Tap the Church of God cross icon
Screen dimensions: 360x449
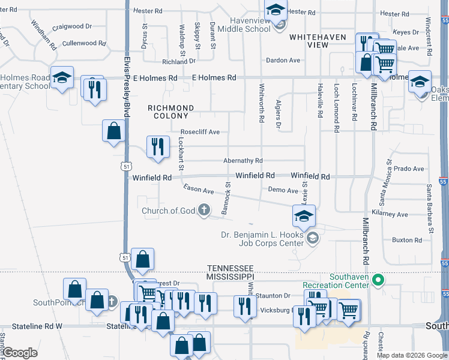click(204, 210)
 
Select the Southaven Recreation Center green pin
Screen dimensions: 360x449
click(378, 280)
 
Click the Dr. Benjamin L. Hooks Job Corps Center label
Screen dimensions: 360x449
click(262, 239)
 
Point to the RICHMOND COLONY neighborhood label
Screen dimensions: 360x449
click(171, 112)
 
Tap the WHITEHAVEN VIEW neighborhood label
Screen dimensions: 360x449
click(318, 41)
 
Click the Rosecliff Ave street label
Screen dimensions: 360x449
click(200, 132)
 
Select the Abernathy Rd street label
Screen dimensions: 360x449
click(243, 161)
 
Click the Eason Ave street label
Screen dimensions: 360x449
click(199, 190)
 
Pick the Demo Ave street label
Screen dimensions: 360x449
click(283, 190)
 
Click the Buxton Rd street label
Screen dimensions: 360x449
click(403, 240)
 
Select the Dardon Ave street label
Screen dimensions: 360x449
click(283, 61)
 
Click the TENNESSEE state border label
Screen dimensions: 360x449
click(231, 268)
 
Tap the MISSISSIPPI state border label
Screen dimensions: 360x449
click(231, 277)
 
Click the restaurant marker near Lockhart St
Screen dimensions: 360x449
click(157, 146)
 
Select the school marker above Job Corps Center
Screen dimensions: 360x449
click(304, 215)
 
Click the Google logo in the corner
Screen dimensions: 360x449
click(19, 353)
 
